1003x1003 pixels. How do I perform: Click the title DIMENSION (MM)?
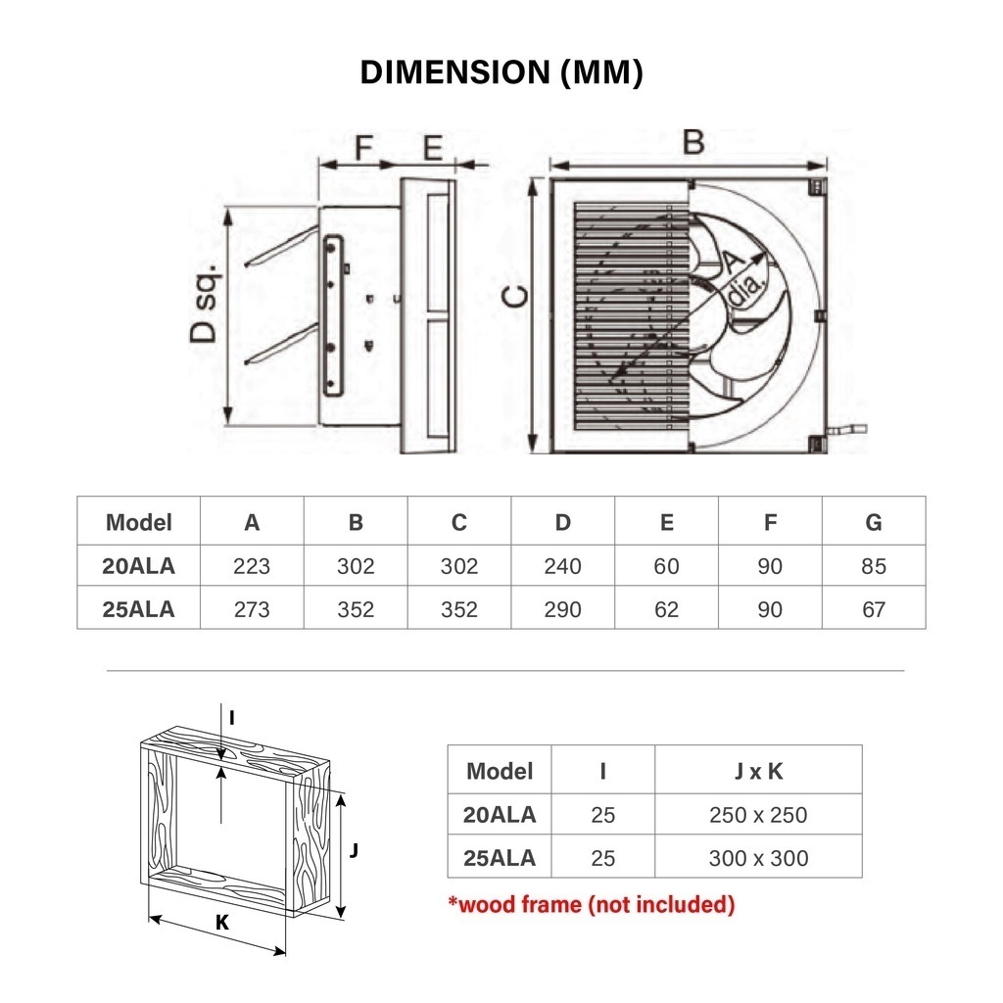[x=501, y=73]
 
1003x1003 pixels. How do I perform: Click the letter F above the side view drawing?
[x=362, y=148]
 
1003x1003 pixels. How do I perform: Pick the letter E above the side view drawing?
[x=432, y=148]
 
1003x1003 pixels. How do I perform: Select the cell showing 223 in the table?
[x=252, y=566]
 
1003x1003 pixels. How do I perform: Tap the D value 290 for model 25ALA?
[x=562, y=609]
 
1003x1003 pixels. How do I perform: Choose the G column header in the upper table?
[x=874, y=522]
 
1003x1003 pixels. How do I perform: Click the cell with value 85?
[x=874, y=566]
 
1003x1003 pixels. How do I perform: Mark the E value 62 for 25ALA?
[x=666, y=609]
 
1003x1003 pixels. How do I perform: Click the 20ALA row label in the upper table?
[x=138, y=565]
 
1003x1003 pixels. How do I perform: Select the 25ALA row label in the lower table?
[x=500, y=858]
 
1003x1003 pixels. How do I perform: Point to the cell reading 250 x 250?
[x=758, y=815]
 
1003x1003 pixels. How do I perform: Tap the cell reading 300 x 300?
[x=758, y=858]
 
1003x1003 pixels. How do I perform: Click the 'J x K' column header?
[x=758, y=771]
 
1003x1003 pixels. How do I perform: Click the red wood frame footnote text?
[x=591, y=904]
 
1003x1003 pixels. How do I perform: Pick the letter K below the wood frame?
[x=222, y=922]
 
